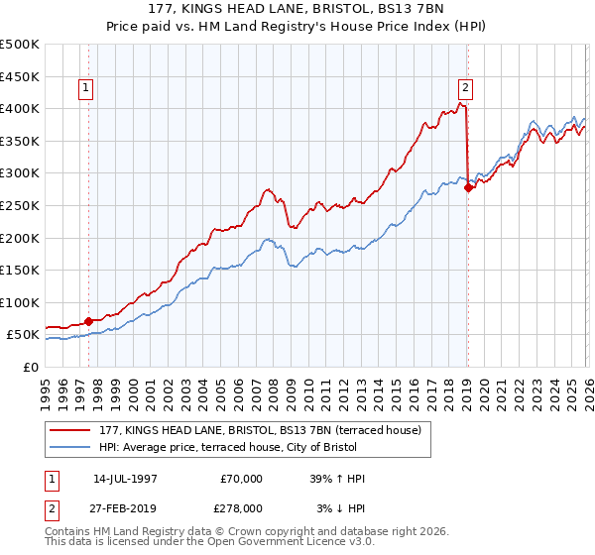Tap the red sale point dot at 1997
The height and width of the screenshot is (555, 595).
click(89, 321)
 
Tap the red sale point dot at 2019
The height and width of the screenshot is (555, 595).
click(468, 187)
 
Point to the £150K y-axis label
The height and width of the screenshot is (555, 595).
click(20, 270)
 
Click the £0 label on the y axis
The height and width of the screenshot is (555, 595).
click(30, 367)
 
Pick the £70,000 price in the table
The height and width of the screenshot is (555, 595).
click(242, 479)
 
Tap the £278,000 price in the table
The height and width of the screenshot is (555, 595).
click(242, 508)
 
